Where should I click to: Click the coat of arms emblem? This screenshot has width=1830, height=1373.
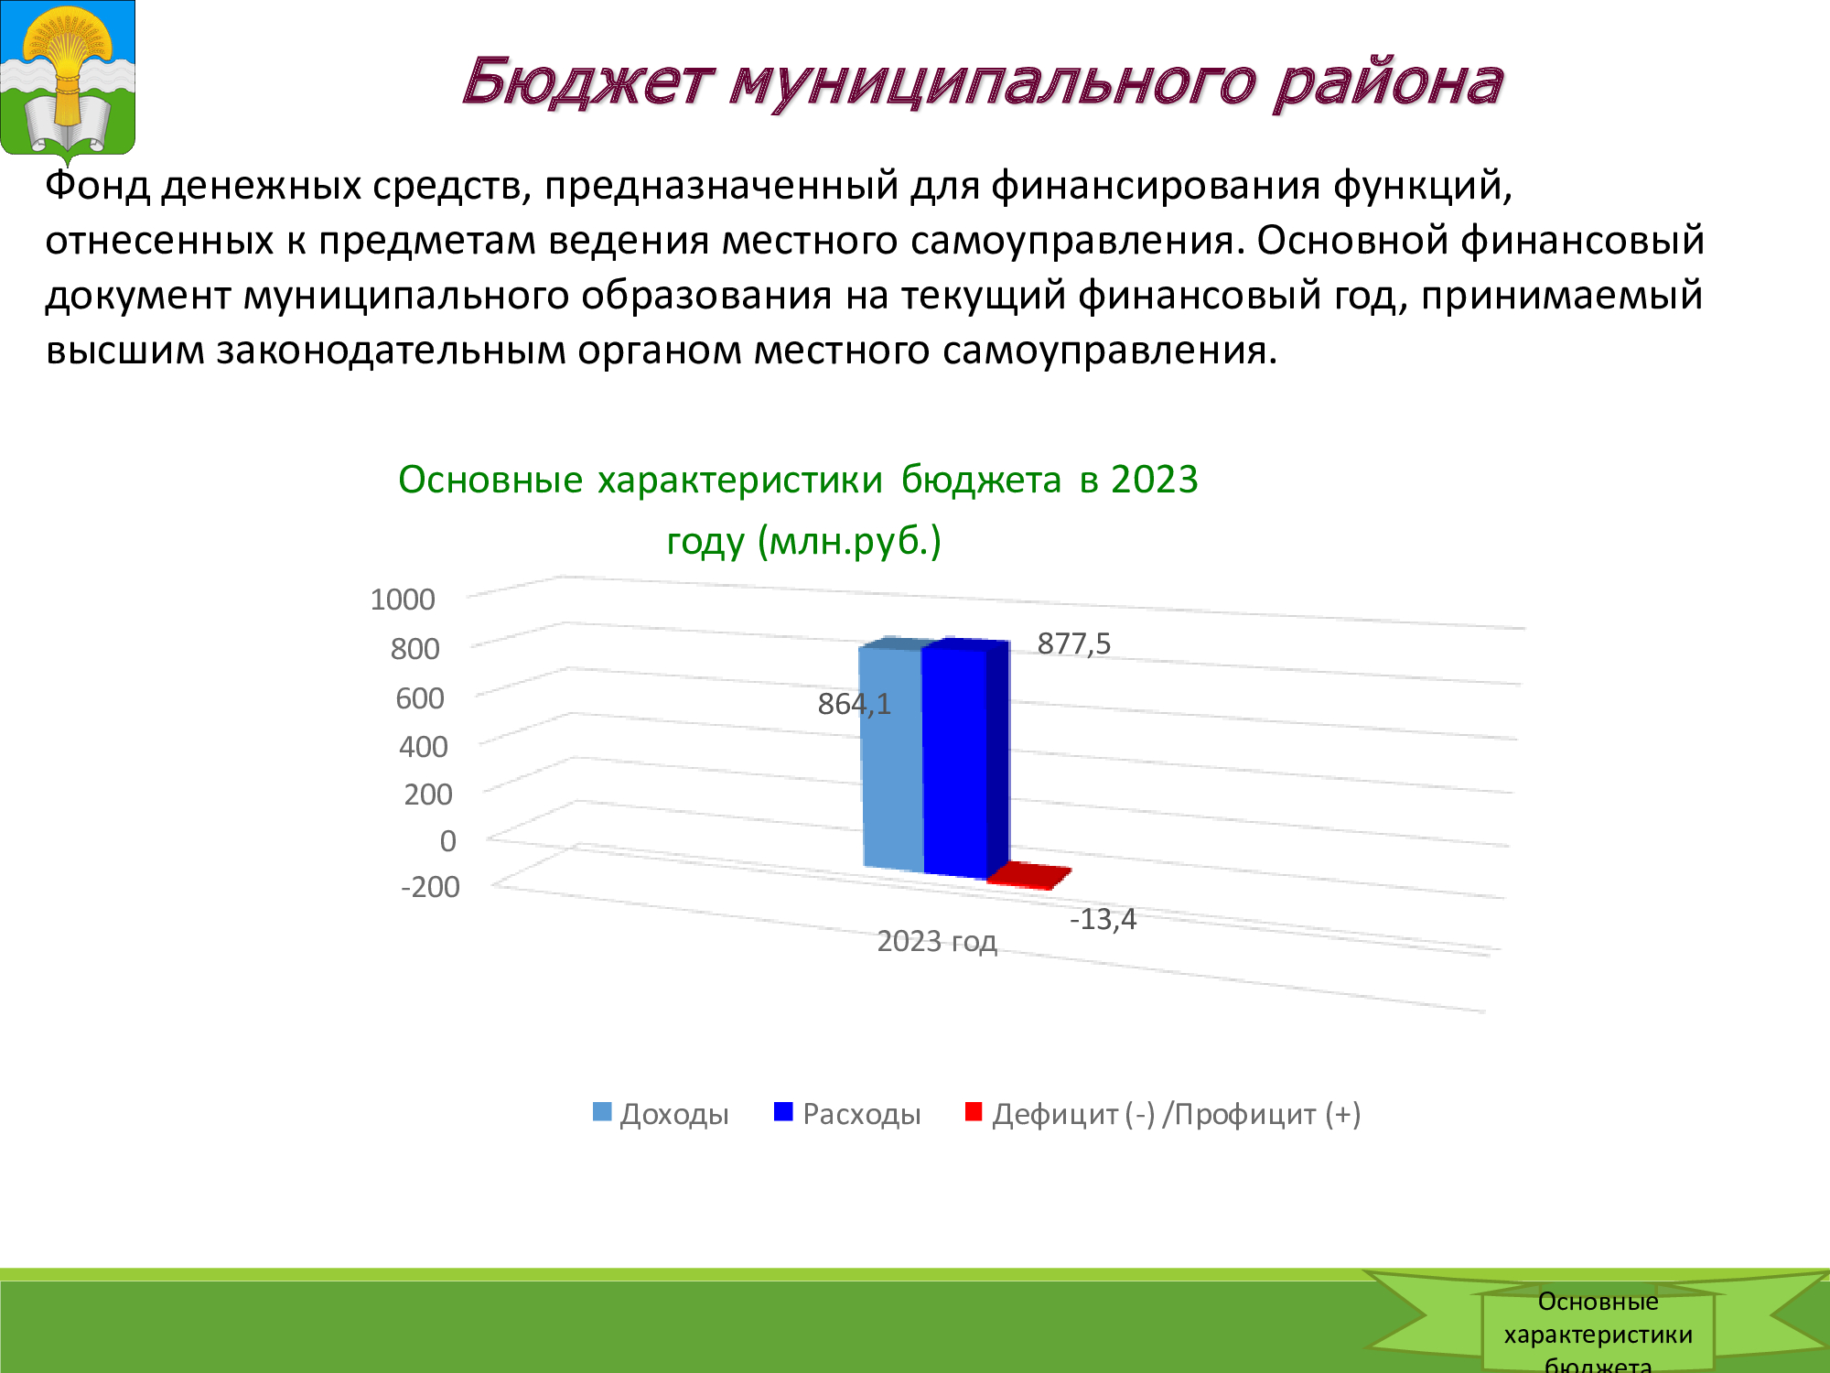(x=68, y=81)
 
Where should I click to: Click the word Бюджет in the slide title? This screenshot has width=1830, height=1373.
(x=586, y=81)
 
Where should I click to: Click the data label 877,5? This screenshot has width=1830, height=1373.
(x=1073, y=643)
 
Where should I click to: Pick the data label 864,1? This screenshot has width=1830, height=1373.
(x=854, y=704)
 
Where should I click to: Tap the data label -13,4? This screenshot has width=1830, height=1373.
(x=1103, y=919)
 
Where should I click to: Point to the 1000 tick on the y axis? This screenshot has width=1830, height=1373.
(x=403, y=600)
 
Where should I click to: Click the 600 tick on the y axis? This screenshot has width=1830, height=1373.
(x=419, y=698)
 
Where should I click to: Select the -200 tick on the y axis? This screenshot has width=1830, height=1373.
(x=430, y=887)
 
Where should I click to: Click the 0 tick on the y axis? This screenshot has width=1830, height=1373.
(x=447, y=840)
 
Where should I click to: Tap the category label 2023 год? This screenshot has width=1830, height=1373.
(x=937, y=941)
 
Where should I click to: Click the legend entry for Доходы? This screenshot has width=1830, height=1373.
(x=661, y=1114)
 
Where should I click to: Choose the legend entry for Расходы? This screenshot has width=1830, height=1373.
(x=847, y=1114)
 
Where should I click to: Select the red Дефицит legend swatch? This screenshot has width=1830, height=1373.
(x=974, y=1111)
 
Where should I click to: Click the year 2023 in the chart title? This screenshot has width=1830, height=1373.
(x=1155, y=480)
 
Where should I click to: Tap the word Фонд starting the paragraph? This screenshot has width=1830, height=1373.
(x=97, y=185)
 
